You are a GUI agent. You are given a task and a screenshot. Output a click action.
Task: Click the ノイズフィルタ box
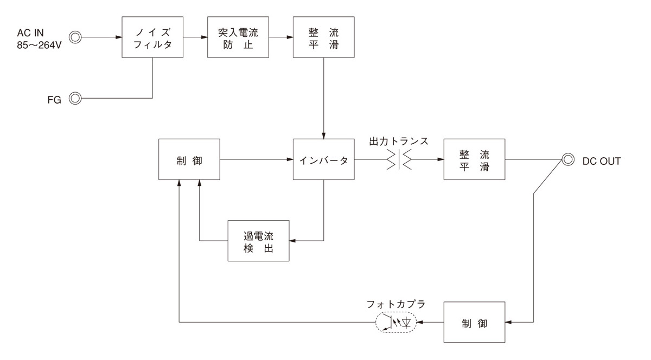tap(152, 37)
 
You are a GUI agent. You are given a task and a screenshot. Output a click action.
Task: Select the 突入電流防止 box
tap(238, 37)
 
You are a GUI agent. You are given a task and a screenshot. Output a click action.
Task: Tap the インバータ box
tap(323, 159)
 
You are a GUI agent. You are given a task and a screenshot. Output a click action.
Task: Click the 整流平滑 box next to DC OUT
tap(474, 159)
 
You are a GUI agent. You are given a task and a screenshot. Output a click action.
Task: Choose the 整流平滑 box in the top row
tap(323, 37)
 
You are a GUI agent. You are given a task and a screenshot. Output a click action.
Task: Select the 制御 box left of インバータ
tap(189, 159)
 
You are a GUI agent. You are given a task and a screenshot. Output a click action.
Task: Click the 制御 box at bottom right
tap(474, 323)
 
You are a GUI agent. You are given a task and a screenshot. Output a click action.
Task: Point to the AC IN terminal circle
tap(76, 37)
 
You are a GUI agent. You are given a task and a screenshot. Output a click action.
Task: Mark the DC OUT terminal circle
tap(568, 159)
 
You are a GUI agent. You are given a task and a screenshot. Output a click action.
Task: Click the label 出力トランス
tap(399, 141)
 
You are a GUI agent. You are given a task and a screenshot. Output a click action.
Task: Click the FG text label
tap(54, 99)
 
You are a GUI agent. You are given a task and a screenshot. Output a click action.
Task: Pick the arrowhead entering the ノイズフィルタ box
tap(118, 37)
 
